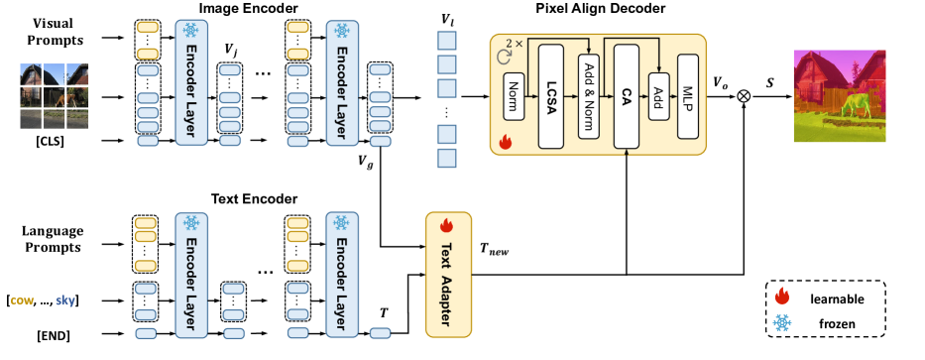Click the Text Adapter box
pos(444,267)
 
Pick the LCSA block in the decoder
pos(553,96)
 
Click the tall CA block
pos(625,96)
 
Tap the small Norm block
pos(513,97)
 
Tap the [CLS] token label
pos(54,142)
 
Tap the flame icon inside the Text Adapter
pos(444,225)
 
